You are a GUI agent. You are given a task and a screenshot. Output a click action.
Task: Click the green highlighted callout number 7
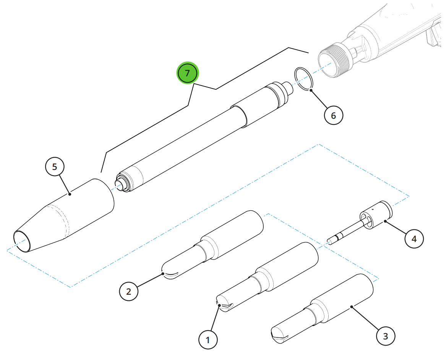(187, 73)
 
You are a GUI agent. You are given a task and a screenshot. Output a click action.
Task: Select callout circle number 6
(333, 115)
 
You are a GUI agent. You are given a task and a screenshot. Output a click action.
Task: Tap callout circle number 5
(55, 166)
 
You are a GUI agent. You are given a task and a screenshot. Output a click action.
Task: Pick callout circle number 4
(414, 239)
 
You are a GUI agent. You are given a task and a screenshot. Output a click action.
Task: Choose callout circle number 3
(385, 336)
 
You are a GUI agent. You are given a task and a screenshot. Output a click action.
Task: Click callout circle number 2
(128, 291)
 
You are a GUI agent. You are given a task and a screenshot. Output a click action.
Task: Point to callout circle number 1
(208, 339)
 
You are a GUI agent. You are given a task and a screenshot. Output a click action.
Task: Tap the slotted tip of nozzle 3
(280, 335)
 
